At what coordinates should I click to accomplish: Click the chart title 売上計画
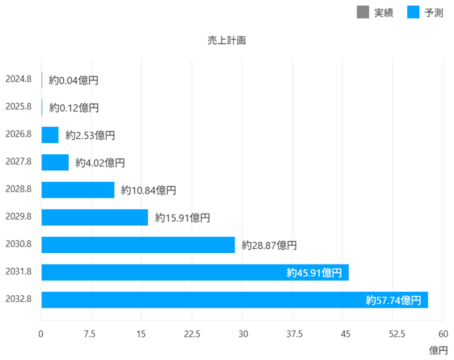tap(226, 40)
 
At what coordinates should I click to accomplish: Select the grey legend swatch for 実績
tap(363, 12)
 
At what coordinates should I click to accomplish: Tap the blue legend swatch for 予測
tap(413, 12)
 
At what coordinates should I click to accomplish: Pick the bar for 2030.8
tap(138, 245)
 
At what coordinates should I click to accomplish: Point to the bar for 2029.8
tap(95, 217)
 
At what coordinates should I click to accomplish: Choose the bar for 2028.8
tap(77, 190)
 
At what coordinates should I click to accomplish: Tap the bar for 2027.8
tap(55, 162)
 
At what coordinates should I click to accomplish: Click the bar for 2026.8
tap(50, 135)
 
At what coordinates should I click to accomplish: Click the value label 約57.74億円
tap(393, 301)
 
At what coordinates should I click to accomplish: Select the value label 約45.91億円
tap(314, 273)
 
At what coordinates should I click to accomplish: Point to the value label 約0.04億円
tap(73, 80)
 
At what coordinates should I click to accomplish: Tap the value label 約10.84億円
tap(148, 190)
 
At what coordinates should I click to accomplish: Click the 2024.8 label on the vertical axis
tap(18, 79)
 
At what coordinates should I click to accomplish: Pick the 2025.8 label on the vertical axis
tap(18, 107)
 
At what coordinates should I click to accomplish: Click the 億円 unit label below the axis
tap(438, 350)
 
